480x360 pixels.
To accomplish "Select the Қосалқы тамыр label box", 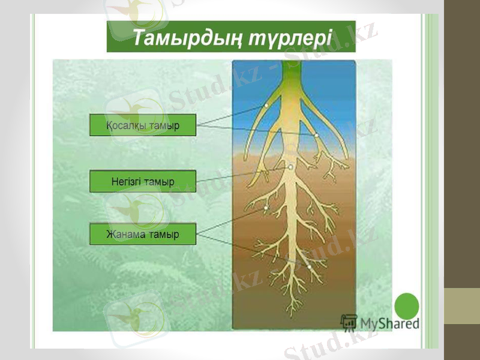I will click(x=143, y=125).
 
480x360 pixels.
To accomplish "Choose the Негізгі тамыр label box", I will click(x=143, y=181).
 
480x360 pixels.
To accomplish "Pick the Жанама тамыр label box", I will click(x=143, y=234).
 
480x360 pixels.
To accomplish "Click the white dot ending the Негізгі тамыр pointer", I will click(x=290, y=168).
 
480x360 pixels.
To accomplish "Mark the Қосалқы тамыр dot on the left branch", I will click(x=266, y=107).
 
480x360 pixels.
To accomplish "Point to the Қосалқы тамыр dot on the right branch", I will click(x=316, y=135).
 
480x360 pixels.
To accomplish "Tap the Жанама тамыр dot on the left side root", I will click(x=266, y=209).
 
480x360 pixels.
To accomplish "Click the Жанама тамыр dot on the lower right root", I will click(x=309, y=266).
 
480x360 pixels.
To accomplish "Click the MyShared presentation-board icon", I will click(x=348, y=322).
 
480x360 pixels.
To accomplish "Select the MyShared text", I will click(x=389, y=323).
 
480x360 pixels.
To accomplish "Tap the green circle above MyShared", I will click(x=407, y=305).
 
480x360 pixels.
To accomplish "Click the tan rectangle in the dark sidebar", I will click(x=461, y=306).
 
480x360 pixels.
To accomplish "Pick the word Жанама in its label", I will click(x=126, y=234).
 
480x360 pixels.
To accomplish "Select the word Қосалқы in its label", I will click(x=124, y=125).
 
